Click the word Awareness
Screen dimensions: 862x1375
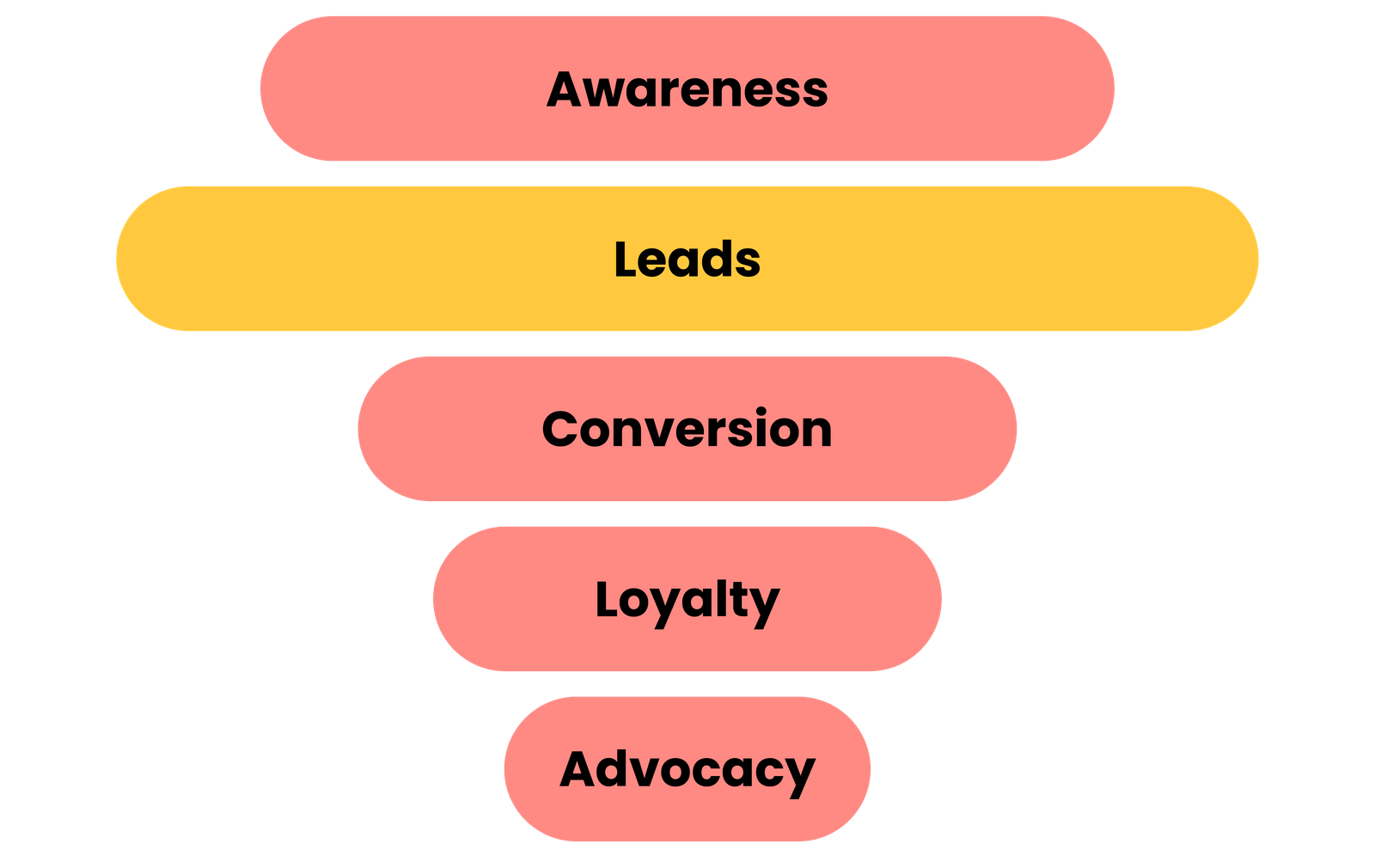[x=687, y=89]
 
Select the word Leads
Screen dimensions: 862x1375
[x=687, y=260]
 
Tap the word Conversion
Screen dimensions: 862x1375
[x=687, y=429]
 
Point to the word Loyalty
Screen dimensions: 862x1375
[x=687, y=600]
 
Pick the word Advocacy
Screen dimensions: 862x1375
[x=687, y=769]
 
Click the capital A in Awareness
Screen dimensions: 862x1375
[x=566, y=89]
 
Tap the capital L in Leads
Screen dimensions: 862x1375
[x=625, y=259]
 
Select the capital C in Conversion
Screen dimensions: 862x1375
[x=562, y=429]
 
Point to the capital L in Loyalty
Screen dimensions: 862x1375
[x=606, y=599]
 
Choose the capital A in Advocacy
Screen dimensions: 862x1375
[x=579, y=769]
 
